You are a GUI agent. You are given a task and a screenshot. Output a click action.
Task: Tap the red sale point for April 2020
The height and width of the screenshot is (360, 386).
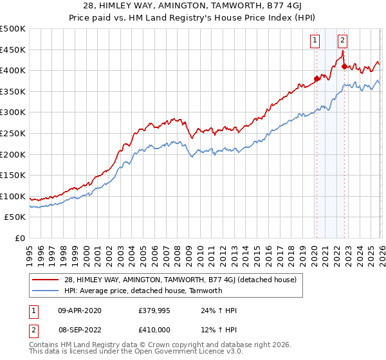click(x=316, y=79)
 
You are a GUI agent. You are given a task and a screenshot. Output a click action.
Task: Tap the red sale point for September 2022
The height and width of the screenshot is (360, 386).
click(x=344, y=66)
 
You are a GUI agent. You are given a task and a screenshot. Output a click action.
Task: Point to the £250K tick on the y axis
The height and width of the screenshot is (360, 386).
click(x=14, y=133)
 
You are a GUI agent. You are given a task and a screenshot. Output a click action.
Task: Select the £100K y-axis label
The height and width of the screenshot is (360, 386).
click(x=14, y=196)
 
